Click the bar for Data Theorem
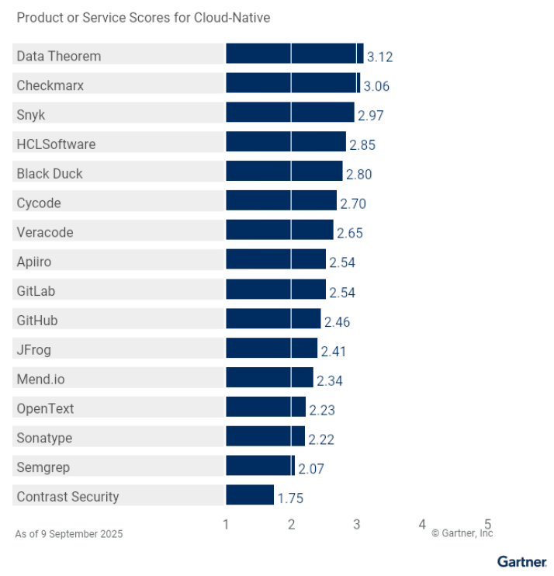click(x=294, y=54)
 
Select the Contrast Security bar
click(x=250, y=495)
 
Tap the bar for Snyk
click(x=289, y=113)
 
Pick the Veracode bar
click(x=279, y=231)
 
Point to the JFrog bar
click(x=272, y=349)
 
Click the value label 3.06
click(x=376, y=86)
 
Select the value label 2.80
click(x=358, y=175)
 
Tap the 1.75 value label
click(x=291, y=498)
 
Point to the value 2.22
click(x=321, y=439)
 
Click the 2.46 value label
click(x=338, y=321)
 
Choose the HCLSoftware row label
click(x=56, y=144)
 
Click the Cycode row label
click(x=39, y=203)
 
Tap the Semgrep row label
click(x=43, y=467)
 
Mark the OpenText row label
click(x=45, y=408)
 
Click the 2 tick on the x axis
click(x=291, y=525)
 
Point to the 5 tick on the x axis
click(x=488, y=525)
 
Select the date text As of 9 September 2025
click(x=69, y=534)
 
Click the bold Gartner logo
click(x=521, y=560)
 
